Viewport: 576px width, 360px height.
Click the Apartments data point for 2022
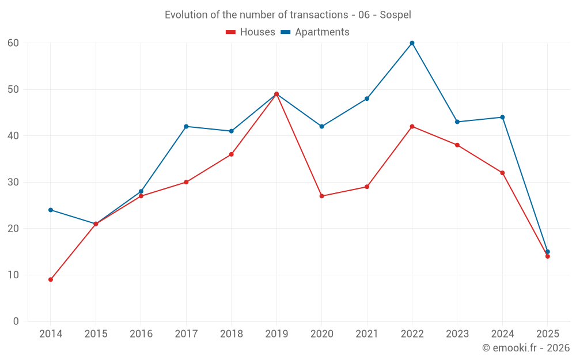click(x=412, y=43)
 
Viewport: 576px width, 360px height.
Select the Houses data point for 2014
click(x=51, y=279)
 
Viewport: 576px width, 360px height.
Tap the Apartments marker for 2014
click(x=51, y=210)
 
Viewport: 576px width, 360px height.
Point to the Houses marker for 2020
click(x=321, y=196)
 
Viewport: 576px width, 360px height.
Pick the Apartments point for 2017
click(x=186, y=126)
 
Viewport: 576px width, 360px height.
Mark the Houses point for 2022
click(x=412, y=126)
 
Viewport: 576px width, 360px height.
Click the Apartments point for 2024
click(x=502, y=117)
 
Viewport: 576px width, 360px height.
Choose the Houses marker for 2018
click(x=231, y=154)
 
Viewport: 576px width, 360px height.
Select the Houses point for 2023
click(x=457, y=145)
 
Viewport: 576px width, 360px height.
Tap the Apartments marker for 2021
click(x=367, y=98)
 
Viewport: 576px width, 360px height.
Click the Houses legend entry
click(x=250, y=32)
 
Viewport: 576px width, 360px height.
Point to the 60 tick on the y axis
click(x=13, y=43)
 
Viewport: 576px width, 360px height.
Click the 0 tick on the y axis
click(x=16, y=321)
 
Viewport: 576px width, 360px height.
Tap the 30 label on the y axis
click(x=13, y=182)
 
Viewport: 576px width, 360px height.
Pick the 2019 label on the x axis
click(x=276, y=334)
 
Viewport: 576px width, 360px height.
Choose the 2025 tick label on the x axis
click(x=547, y=334)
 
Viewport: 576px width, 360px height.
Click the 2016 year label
click(x=141, y=334)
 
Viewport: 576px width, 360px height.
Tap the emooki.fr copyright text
click(x=525, y=348)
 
